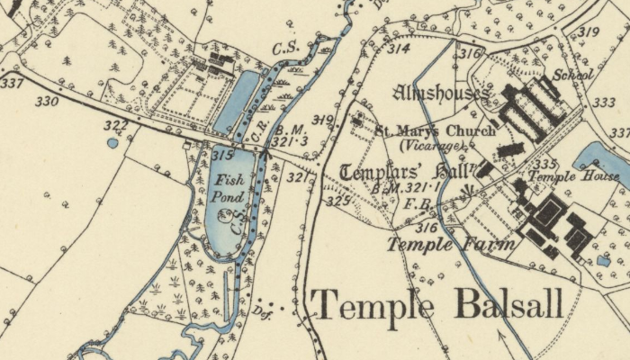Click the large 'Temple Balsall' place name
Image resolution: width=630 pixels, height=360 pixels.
[x=437, y=306]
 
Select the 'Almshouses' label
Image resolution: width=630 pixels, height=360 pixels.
[x=441, y=93]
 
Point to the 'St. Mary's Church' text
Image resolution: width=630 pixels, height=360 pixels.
[x=435, y=130]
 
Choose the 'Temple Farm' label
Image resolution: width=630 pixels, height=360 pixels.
[x=451, y=243]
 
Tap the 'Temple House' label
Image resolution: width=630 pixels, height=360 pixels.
[x=572, y=176]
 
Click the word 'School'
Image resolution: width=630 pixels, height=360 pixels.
[x=572, y=75]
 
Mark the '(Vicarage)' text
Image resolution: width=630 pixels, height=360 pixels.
[x=432, y=145]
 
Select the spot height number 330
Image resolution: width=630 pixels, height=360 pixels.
[x=47, y=102]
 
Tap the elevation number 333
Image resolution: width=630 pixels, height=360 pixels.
[x=605, y=103]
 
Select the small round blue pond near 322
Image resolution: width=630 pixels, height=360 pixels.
[x=112, y=142]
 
